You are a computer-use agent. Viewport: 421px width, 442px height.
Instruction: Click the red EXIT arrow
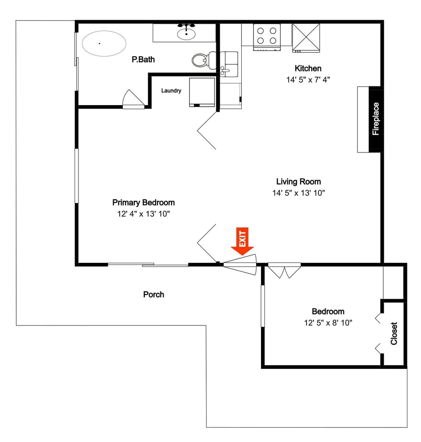pos(243,242)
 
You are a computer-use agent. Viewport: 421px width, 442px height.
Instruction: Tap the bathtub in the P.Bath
pos(104,43)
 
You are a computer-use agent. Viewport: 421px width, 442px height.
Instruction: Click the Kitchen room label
pos(308,68)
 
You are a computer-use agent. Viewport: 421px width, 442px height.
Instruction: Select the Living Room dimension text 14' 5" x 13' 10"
pos(298,193)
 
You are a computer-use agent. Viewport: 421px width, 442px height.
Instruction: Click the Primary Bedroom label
pos(143,202)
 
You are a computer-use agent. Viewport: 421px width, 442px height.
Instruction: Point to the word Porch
pos(153,294)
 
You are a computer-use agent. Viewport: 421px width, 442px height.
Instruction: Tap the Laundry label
pos(171,91)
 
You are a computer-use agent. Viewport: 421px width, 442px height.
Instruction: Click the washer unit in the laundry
pos(202,92)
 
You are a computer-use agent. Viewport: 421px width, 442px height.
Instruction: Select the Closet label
pos(394,333)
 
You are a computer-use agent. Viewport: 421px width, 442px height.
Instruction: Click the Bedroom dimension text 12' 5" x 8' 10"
pos(328,323)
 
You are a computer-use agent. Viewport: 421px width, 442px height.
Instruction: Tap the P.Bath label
pos(143,59)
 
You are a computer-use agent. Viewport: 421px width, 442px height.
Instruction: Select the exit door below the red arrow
pos(240,265)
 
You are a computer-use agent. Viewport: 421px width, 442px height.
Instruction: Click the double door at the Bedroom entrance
pos(284,270)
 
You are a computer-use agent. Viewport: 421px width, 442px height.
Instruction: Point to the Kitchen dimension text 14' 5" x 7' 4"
pos(308,80)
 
